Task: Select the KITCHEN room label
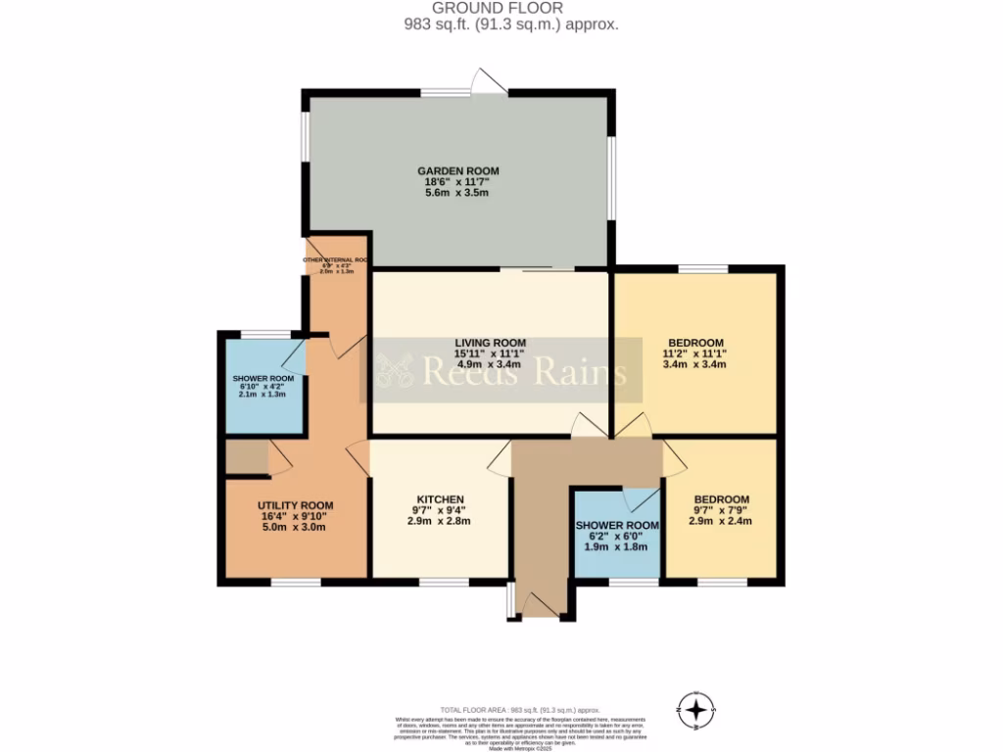pos(440,499)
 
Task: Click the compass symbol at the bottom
pos(695,708)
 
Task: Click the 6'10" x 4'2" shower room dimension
pos(263,386)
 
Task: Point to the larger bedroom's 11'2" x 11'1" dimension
pos(693,352)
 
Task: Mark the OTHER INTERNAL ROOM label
pos(334,260)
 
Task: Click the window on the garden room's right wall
pos(612,177)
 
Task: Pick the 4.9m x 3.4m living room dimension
pos(490,364)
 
